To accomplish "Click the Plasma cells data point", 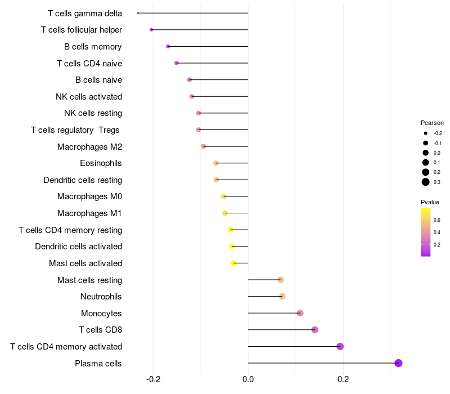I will tap(398, 363).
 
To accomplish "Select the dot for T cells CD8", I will tap(314, 330).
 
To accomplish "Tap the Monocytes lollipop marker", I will tap(300, 313).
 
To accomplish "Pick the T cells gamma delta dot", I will tap(138, 13).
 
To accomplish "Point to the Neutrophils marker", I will tap(282, 297).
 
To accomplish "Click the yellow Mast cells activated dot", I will tap(234, 263).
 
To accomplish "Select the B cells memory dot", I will tap(168, 46).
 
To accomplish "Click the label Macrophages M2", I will tap(89, 147).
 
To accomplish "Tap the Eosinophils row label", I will tap(101, 163).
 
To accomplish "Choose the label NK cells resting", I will tap(93, 113).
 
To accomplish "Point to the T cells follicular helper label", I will tap(82, 30).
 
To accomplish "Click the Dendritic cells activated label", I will tap(78, 247).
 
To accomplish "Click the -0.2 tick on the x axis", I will tap(153, 379).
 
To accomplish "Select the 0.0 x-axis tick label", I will tap(248, 379).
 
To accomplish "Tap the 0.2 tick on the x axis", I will tap(343, 379).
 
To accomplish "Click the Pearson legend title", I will tap(432, 123).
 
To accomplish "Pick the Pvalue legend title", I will tap(430, 202).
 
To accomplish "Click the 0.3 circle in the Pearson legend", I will tap(426, 182).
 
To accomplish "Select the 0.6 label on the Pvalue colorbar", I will tap(437, 220).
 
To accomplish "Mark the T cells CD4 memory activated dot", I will tap(340, 346).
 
